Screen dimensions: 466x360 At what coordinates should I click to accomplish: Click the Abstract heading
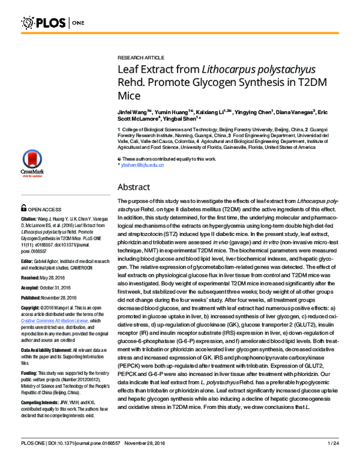click(x=134, y=187)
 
